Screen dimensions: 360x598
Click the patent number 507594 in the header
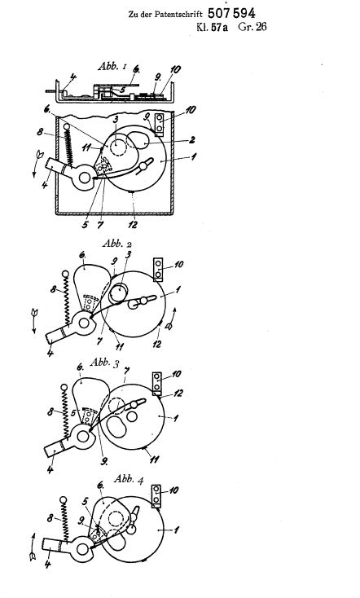[231, 13]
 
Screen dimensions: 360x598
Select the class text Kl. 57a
[212, 27]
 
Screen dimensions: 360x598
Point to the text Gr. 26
[252, 27]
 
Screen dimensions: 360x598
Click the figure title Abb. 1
[112, 66]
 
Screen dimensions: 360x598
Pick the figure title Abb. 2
[116, 244]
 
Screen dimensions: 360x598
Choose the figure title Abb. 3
[104, 363]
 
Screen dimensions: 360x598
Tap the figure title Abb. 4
[129, 478]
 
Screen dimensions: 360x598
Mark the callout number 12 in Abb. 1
[132, 225]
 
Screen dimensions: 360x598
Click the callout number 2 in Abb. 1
[191, 139]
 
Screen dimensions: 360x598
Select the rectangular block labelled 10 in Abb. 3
[156, 383]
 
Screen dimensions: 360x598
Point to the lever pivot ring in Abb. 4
[82, 550]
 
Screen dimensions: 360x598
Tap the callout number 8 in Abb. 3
[50, 412]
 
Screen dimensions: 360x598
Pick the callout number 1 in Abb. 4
[176, 530]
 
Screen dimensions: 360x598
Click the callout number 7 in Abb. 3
[126, 371]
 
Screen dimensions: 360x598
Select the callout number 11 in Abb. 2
[120, 347]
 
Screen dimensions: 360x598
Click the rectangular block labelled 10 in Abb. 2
[158, 269]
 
